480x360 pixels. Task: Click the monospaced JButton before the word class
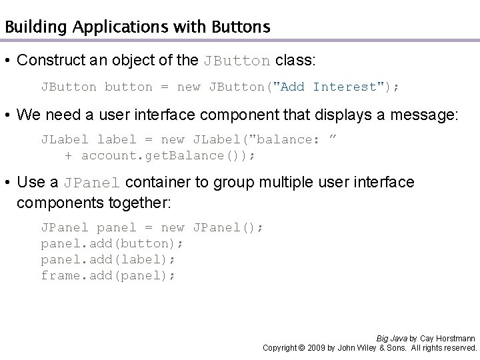(237, 61)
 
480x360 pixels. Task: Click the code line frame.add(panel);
(109, 274)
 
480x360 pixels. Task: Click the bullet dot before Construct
(7, 61)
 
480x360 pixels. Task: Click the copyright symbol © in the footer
(302, 348)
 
